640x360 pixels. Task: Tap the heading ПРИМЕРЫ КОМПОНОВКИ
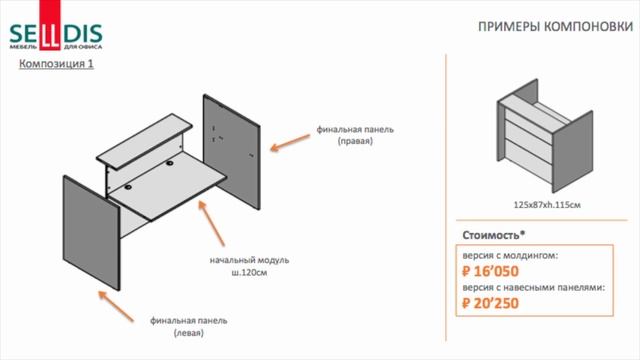pos(556,27)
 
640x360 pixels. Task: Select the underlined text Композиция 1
pos(56,64)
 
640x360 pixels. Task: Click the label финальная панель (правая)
pos(355,135)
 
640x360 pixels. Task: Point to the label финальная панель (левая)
pos(189,327)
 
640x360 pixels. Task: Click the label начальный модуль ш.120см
pos(249,266)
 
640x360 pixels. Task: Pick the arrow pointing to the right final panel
pos(290,142)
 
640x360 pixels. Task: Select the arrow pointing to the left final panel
pos(116,306)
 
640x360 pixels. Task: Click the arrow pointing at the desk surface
pos(211,223)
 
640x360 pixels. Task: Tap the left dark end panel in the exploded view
pos(91,233)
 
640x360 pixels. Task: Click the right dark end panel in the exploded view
pos(232,152)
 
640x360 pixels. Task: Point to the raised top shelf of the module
pos(144,141)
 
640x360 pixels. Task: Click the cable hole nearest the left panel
pos(128,187)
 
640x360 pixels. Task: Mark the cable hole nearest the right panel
pos(169,164)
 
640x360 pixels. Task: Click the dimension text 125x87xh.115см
pos(547,205)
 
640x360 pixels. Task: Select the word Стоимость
pos(491,236)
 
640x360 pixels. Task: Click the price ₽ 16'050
pos(490,271)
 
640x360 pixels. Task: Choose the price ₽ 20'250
pos(490,303)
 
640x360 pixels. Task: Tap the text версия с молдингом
pos(510,256)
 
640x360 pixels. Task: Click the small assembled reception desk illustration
pos(545,136)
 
